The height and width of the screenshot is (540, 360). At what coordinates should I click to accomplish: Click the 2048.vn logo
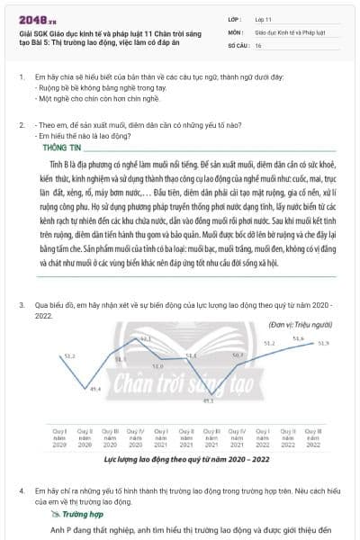(35, 18)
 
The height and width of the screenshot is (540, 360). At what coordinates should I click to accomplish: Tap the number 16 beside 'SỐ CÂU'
(258, 44)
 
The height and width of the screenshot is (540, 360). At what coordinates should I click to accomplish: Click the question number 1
(22, 77)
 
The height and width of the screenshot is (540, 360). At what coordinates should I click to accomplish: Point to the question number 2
(22, 123)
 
